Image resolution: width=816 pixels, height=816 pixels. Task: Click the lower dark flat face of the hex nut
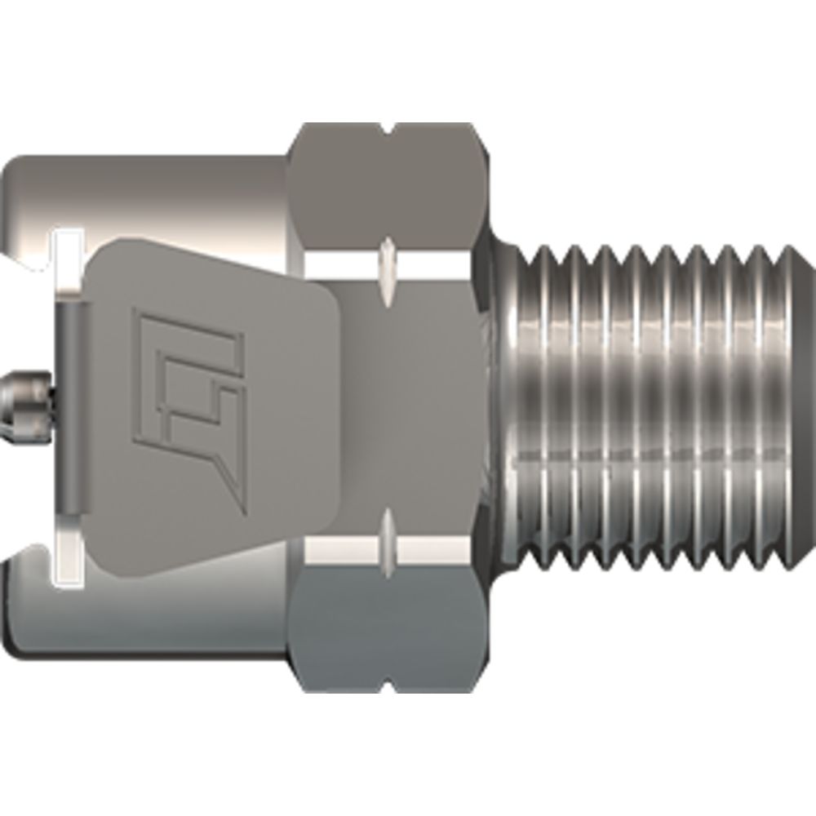coord(384,628)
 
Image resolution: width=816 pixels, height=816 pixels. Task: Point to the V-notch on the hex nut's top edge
coord(388,129)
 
